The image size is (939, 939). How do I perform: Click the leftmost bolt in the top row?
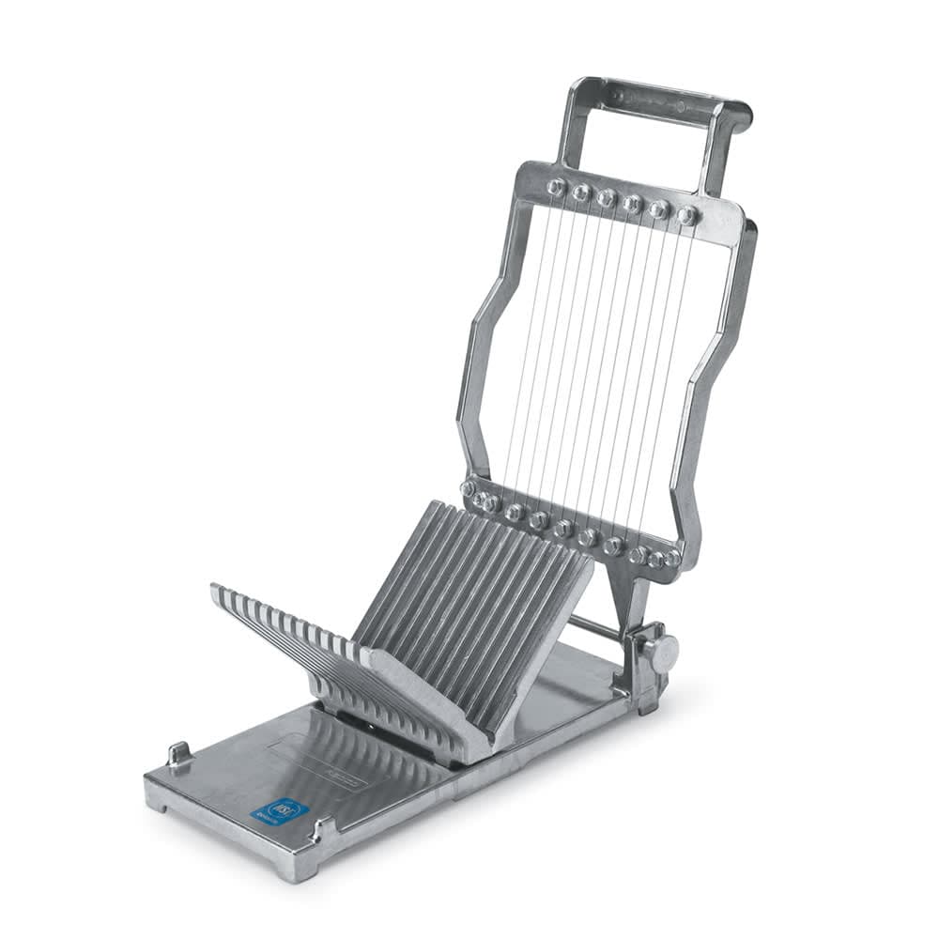556,187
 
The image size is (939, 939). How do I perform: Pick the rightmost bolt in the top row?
687,215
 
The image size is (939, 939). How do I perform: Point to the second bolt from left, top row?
581,192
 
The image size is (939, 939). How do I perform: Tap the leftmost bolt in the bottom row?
468,489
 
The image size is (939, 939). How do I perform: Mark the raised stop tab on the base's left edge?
178,754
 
